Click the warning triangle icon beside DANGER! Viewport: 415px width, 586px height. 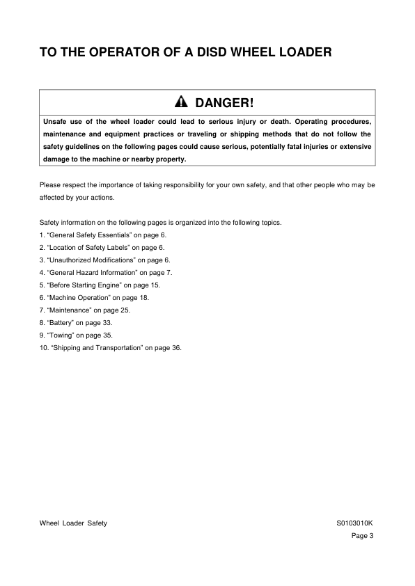(x=181, y=103)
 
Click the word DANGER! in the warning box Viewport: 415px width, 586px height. (x=224, y=103)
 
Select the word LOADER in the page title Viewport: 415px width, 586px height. (x=310, y=52)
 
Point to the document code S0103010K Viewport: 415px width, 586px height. (x=355, y=523)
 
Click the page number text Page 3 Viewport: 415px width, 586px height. (x=363, y=535)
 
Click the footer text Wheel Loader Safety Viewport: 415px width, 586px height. (x=73, y=523)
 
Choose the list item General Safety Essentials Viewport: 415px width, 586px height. (x=103, y=236)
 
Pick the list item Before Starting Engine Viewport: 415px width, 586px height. (x=101, y=285)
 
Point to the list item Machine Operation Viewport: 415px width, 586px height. (x=95, y=297)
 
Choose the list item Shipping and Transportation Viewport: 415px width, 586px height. (x=111, y=347)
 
